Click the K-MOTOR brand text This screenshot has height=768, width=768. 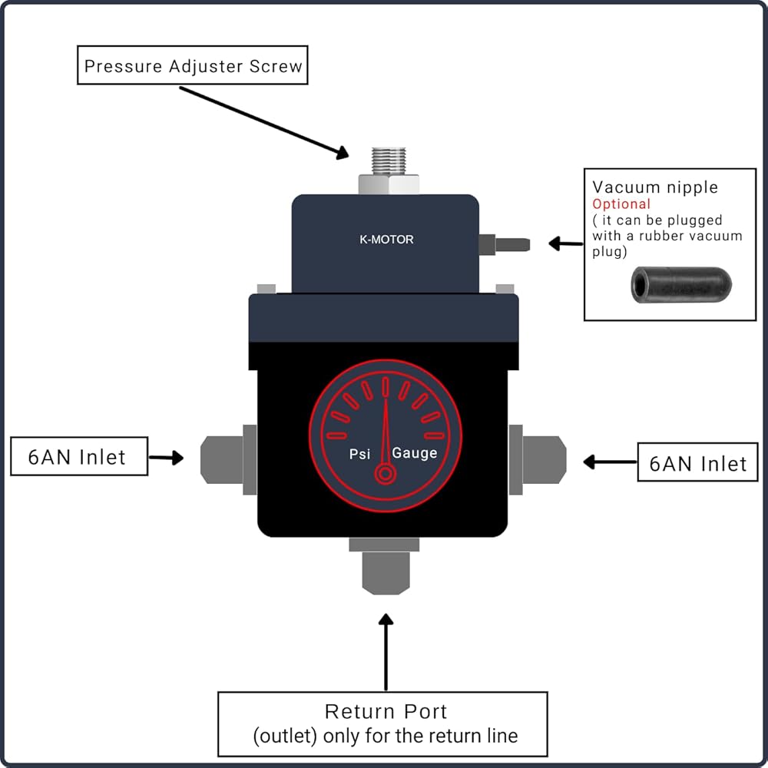[386, 240]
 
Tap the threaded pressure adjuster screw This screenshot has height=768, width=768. [389, 161]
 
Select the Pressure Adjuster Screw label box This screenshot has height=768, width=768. [193, 65]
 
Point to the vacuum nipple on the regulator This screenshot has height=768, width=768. [505, 244]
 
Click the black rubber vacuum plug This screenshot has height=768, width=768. [681, 285]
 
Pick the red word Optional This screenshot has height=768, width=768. [621, 204]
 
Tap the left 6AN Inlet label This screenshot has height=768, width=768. [79, 456]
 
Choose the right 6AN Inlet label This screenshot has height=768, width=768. [697, 462]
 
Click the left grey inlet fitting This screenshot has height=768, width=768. [229, 459]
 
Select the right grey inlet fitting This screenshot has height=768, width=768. [538, 459]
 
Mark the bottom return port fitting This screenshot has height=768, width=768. [385, 566]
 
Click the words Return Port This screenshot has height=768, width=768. [386, 712]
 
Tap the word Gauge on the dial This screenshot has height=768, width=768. [415, 453]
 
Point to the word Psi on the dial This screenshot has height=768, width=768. [359, 454]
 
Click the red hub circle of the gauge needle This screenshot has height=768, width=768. [386, 474]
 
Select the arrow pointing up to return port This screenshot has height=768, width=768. [386, 652]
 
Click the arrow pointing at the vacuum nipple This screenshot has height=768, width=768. [566, 243]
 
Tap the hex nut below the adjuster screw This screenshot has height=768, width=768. [389, 184]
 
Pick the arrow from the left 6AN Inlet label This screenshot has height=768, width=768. [166, 458]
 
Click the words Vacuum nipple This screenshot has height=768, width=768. [655, 187]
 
